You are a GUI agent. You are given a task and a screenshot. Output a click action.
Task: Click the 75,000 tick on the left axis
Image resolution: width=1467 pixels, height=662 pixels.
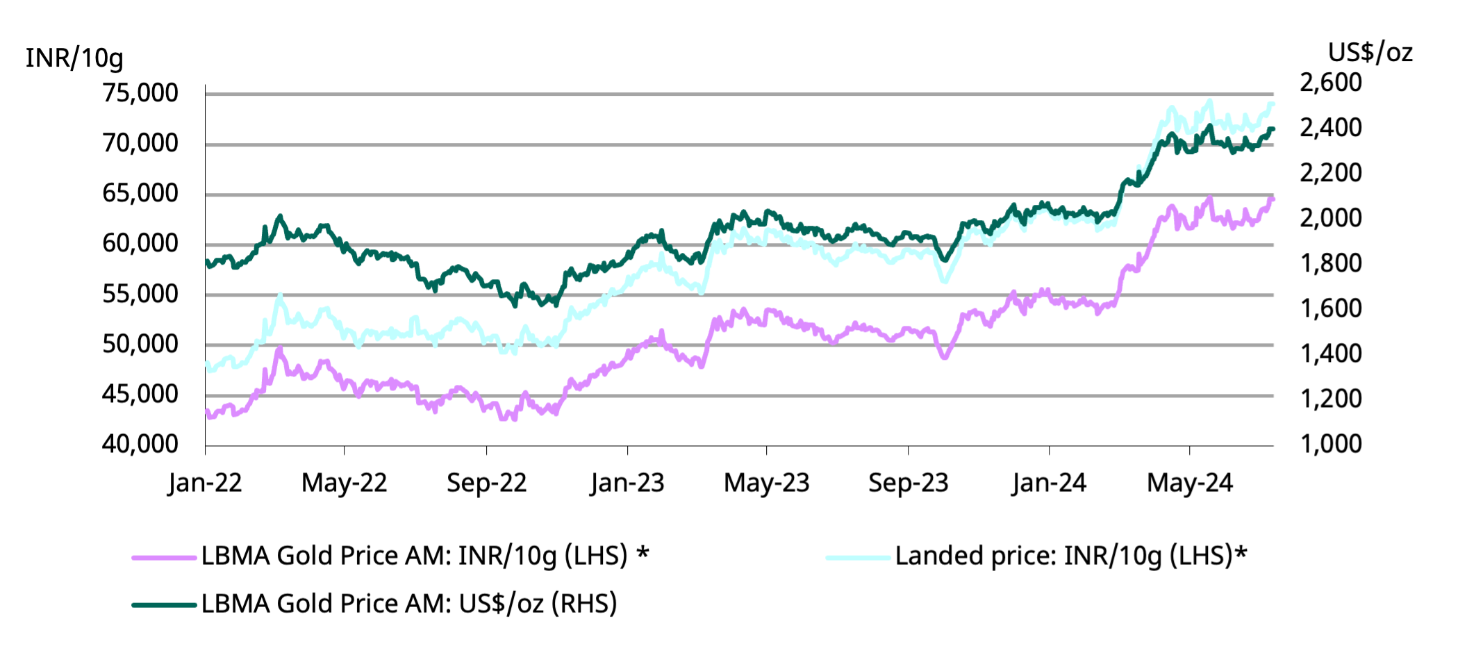pos(140,93)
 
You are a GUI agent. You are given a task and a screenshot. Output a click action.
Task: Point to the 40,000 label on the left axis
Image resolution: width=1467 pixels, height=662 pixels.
pos(140,444)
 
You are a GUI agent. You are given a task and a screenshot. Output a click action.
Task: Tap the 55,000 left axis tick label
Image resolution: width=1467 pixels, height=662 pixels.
pos(140,294)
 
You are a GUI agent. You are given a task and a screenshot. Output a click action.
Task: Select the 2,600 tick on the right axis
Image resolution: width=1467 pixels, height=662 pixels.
pos(1331,83)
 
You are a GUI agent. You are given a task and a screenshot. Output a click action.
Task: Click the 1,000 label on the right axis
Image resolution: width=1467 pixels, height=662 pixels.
pos(1331,444)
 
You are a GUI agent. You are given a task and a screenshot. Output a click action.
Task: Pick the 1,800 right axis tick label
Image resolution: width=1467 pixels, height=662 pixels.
pos(1331,263)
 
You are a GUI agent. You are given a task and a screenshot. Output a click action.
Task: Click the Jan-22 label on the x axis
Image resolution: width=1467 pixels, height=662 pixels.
pos(205,483)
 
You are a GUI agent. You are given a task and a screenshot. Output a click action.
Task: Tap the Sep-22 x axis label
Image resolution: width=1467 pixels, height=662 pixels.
pos(486,483)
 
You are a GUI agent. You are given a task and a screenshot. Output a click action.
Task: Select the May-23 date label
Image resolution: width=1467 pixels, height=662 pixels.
pos(767,483)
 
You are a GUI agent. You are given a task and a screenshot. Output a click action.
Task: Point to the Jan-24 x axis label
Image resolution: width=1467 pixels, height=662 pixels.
pos(1049,483)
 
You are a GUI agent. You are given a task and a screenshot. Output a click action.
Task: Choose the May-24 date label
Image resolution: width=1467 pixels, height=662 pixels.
pos(1190,483)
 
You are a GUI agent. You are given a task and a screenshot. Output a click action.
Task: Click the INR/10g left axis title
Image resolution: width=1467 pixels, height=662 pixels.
pos(74,58)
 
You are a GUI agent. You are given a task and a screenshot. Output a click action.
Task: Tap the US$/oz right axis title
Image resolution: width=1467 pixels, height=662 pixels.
pos(1370,53)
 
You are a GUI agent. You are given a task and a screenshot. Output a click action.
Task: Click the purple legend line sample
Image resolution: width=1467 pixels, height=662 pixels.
pos(164,557)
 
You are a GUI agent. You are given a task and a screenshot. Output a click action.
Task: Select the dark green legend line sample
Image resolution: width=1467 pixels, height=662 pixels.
pos(164,605)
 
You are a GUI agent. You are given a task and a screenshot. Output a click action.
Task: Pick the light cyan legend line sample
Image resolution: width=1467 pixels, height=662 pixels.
pos(858,557)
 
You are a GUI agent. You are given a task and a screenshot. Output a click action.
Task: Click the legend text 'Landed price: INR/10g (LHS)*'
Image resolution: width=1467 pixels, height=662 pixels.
pos(1071,556)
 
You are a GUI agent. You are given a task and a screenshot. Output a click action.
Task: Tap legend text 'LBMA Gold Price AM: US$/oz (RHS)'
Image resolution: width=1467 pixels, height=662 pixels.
pos(409,604)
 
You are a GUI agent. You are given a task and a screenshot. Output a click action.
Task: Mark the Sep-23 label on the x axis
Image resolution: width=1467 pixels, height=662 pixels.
pos(909,483)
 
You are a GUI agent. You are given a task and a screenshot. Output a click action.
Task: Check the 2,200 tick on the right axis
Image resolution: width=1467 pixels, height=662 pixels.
pos(1331,173)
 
